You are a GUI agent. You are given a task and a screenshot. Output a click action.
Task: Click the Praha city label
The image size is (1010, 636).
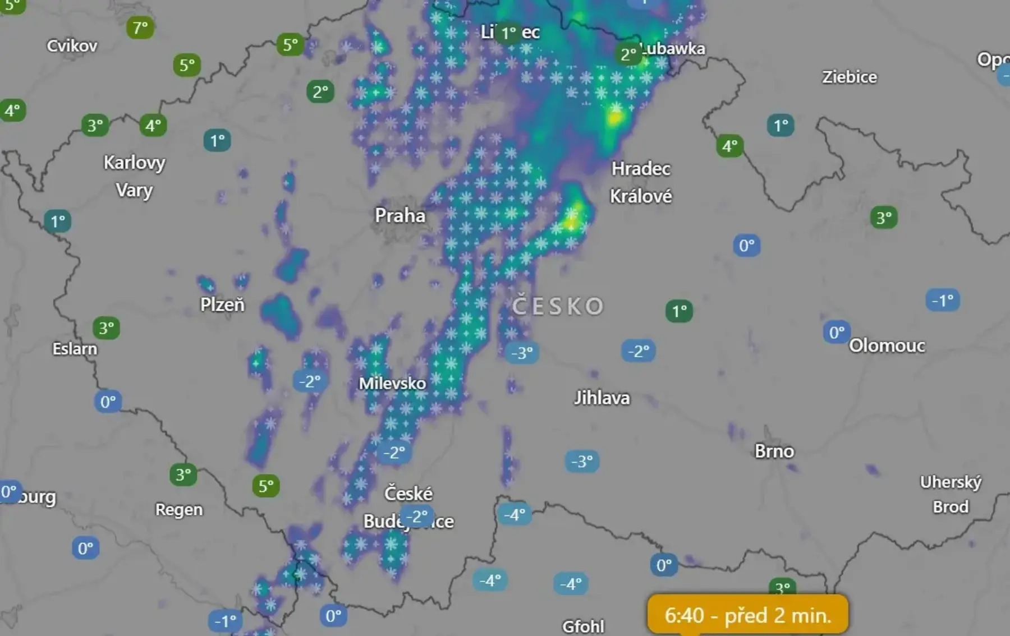[400, 215]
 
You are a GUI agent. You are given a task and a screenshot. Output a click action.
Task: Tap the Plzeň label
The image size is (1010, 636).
[222, 305]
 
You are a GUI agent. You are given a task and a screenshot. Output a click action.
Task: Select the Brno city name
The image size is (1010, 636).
[774, 451]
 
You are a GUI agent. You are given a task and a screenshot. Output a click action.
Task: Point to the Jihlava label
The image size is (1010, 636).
[602, 398]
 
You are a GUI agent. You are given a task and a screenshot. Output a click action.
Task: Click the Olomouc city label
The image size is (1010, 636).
[887, 345]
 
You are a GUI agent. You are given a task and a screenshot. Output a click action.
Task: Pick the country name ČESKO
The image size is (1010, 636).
[558, 306]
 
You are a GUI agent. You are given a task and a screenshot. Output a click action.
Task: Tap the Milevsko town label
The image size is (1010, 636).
[392, 384]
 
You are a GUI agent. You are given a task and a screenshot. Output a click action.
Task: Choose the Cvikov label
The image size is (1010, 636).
[72, 45]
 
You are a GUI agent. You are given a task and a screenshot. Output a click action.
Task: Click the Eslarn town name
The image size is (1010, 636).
[75, 349]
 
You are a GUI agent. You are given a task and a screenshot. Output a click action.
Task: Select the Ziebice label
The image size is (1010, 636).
[850, 77]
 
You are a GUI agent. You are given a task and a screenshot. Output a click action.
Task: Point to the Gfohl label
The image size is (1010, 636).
[583, 626]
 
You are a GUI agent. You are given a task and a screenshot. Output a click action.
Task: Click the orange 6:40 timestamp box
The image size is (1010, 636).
[747, 615]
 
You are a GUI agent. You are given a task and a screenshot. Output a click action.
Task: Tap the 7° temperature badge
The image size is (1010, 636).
[140, 27]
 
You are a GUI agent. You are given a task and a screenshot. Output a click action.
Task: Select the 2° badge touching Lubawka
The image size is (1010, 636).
[629, 54]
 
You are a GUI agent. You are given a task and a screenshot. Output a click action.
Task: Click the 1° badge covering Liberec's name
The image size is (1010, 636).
[509, 33]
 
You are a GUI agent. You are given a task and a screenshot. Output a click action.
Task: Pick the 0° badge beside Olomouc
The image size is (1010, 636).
[837, 332]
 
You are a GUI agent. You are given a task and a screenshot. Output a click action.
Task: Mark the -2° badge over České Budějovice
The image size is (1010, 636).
[417, 516]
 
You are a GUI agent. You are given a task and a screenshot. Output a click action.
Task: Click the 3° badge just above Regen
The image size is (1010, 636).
[183, 474]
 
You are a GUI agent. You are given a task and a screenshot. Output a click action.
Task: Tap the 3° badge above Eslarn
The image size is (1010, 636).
[106, 328]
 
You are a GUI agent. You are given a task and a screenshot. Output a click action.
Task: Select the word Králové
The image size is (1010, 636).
[641, 196]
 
